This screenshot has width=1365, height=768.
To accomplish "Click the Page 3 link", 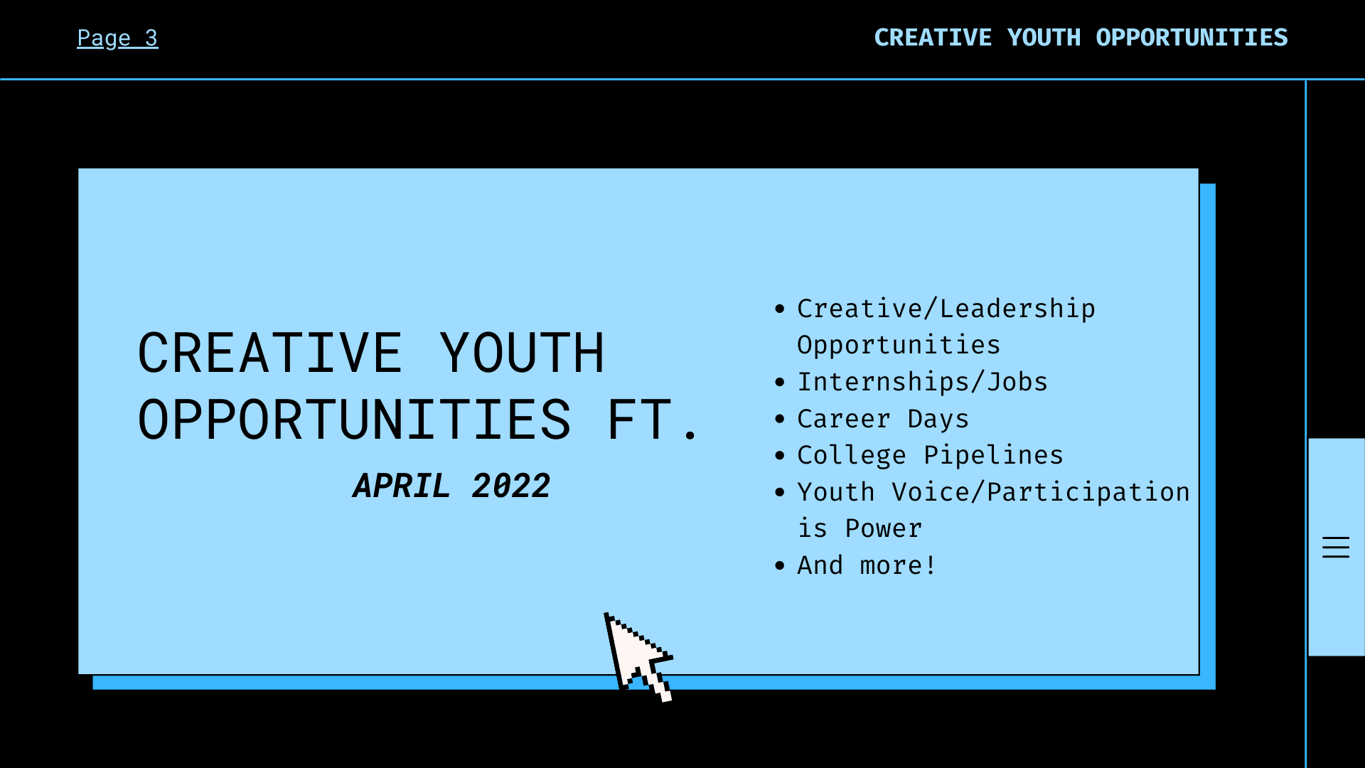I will pos(117,38).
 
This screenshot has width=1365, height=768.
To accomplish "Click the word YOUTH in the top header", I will pos(1044,38).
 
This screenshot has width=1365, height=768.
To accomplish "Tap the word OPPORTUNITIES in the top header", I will pos(1192,38).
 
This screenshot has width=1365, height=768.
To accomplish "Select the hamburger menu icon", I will pos(1336,547).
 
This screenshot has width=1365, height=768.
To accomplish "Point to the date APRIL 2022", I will pos(451,486).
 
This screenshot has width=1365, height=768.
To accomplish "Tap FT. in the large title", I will pos(652,420).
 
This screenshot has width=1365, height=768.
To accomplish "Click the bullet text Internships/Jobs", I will pos(922,382).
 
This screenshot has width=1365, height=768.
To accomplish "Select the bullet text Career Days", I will pos(883,419).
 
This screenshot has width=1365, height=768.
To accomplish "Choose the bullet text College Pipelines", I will pos(930,455).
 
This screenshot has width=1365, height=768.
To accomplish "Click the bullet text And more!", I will pos(867,565).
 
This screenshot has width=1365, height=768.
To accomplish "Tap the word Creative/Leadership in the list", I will pos(946,309).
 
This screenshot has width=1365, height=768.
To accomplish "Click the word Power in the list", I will pos(884,528).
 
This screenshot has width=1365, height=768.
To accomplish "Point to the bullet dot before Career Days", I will pos(780,420).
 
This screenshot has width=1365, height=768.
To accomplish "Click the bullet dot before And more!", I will pos(780,566).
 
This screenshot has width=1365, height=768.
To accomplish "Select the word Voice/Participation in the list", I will pos(1041,492).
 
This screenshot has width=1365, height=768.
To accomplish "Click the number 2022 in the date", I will pos(511,486).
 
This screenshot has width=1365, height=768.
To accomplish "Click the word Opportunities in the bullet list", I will pos(899,345).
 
